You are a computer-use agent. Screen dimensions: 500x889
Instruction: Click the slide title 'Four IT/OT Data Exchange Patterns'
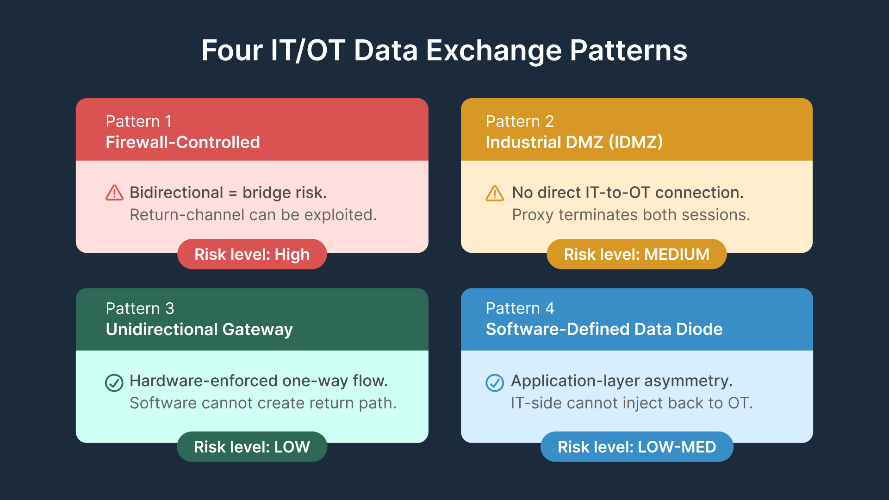444,50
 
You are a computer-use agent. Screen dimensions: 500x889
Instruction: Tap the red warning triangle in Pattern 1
114,193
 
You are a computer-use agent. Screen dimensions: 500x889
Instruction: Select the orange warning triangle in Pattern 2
495,193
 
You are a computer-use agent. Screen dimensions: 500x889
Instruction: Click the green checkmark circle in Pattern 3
114,383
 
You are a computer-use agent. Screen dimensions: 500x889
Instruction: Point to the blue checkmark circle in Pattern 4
495,383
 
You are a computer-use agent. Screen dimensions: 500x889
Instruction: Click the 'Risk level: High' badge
252,254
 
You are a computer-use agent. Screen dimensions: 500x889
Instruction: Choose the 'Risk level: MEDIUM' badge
636,254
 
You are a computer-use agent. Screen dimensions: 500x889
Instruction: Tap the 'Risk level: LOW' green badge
252,447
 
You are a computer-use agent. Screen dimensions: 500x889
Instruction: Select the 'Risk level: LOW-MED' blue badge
637,447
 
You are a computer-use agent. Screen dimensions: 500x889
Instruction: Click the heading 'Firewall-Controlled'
183,142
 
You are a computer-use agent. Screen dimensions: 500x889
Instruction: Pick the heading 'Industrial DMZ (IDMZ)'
574,142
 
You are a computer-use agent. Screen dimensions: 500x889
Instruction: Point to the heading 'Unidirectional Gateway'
199,329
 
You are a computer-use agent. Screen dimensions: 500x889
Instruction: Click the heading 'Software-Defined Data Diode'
604,329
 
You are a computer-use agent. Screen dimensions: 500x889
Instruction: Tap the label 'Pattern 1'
139,121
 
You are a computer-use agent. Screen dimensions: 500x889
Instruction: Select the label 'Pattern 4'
520,308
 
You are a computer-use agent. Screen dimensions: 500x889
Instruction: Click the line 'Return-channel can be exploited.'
253,215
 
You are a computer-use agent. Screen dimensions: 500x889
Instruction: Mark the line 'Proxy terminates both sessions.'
631,215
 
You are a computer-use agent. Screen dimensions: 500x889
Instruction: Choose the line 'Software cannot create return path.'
263,403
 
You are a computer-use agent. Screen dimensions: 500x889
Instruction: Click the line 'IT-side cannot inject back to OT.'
632,403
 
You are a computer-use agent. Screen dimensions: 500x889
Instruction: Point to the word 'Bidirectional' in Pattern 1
176,193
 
